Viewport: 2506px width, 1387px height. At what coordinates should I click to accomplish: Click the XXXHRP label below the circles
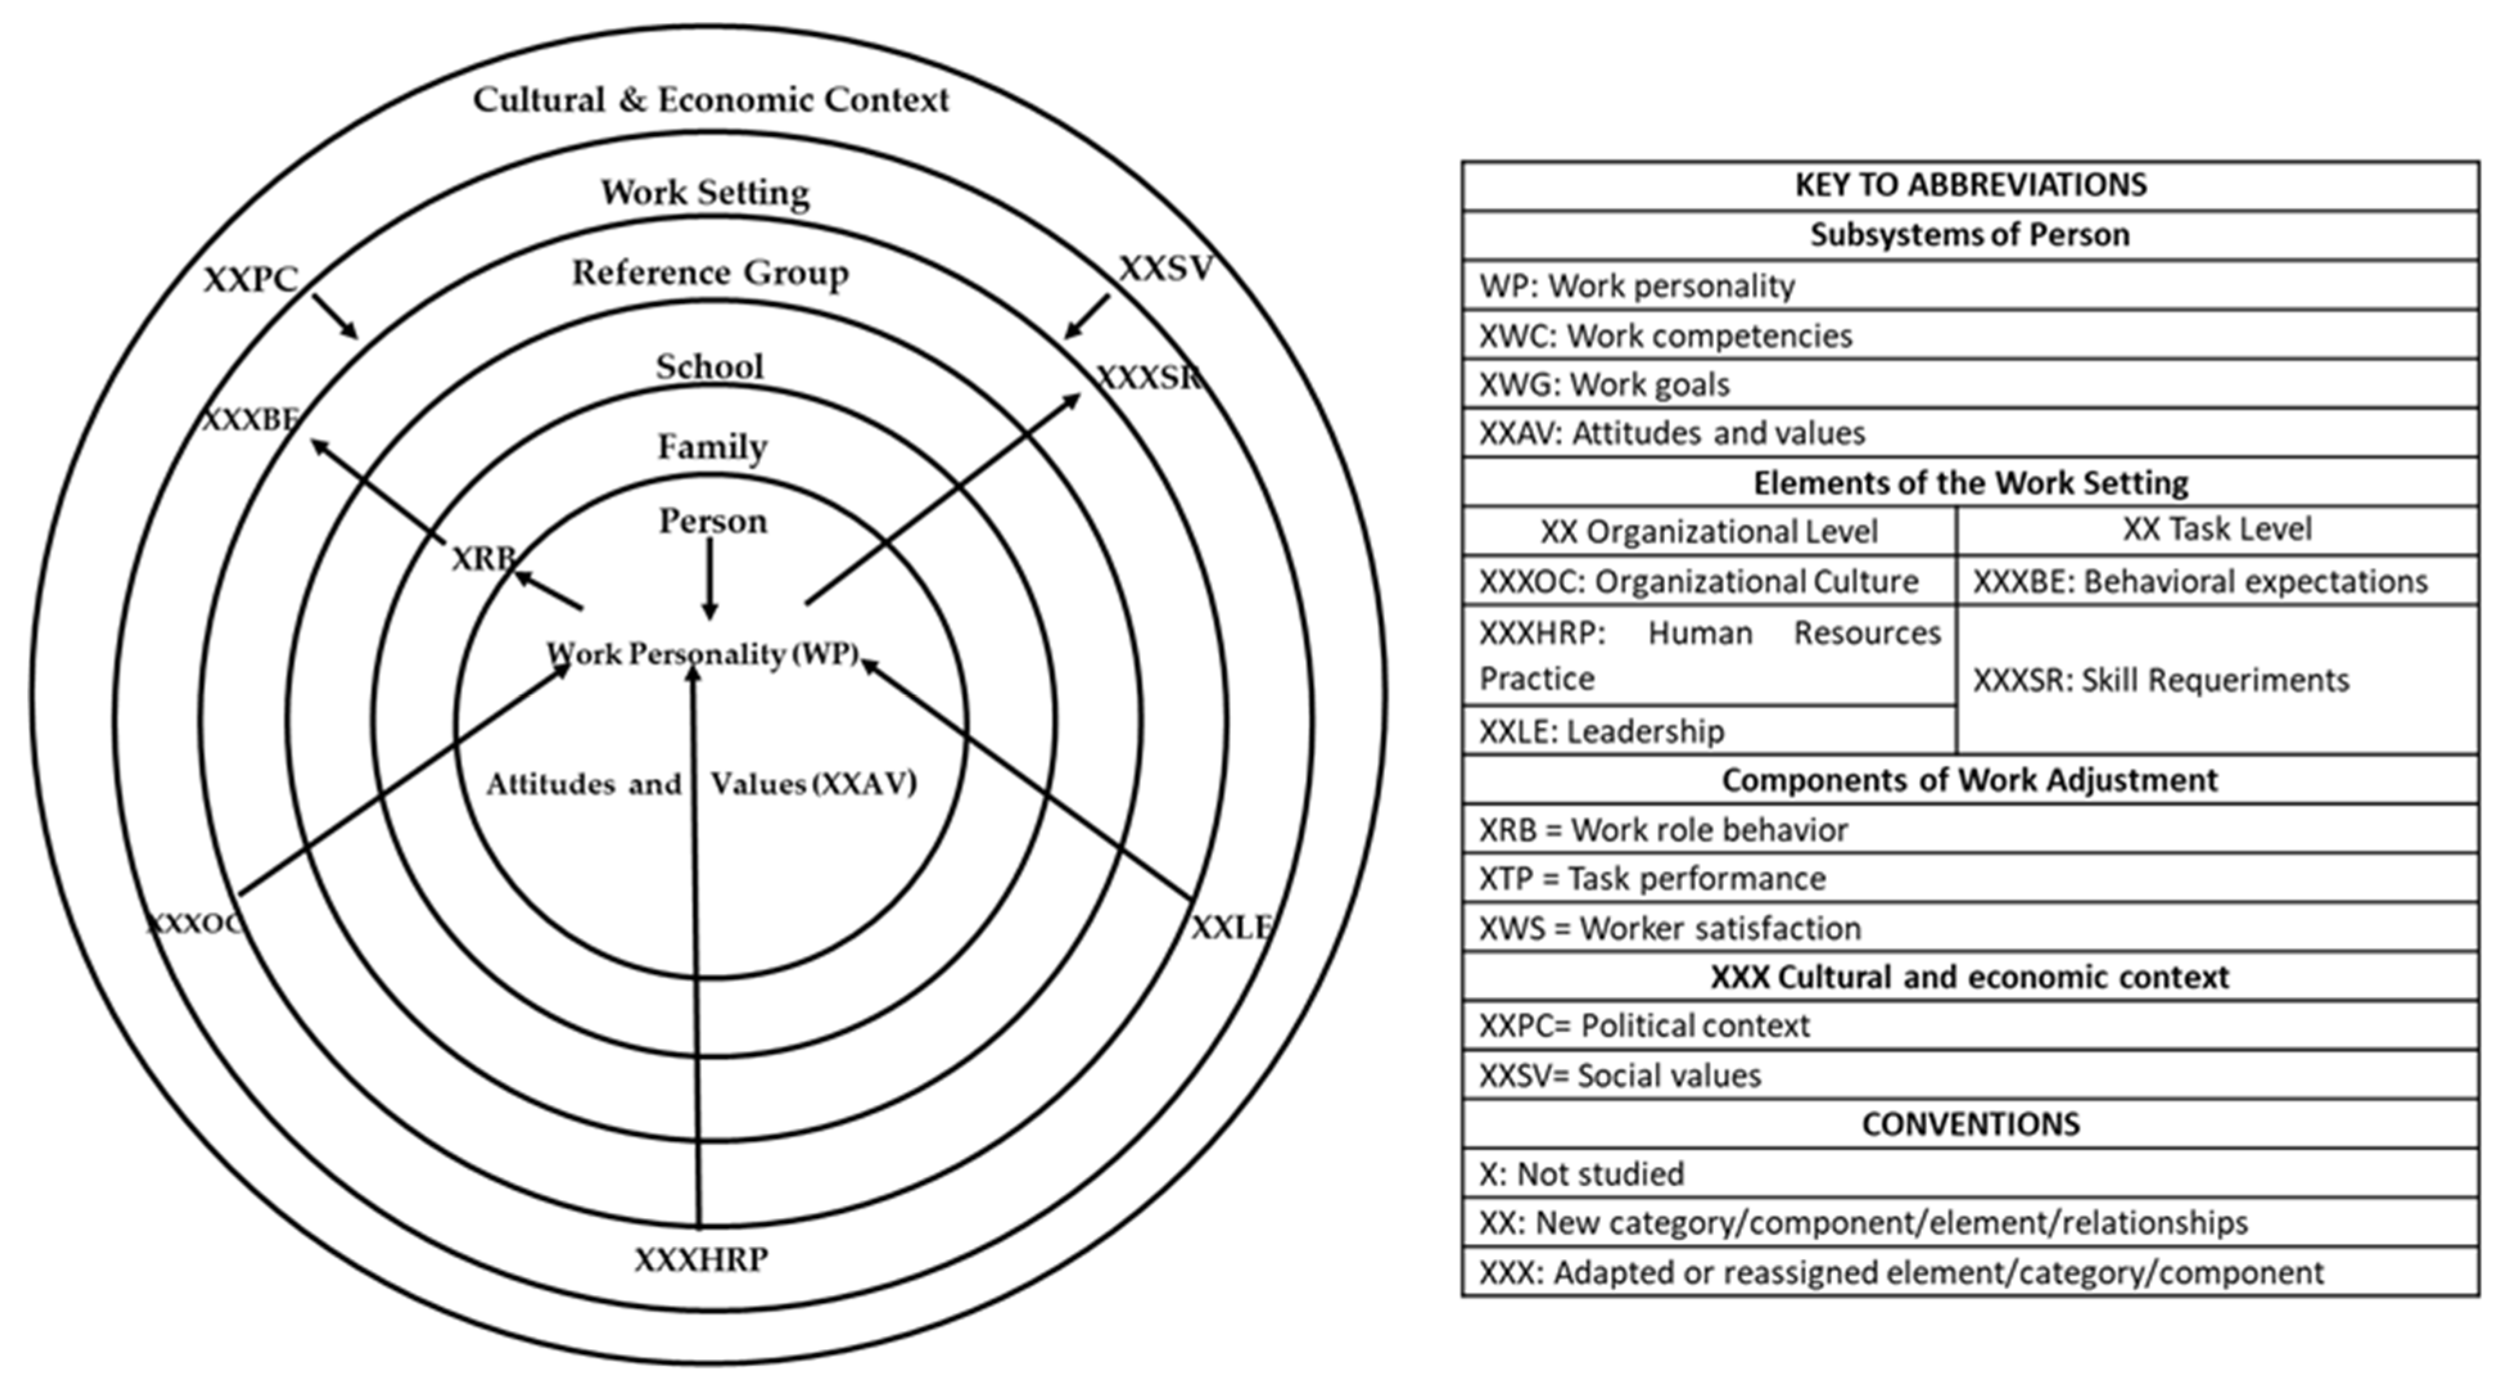(701, 1260)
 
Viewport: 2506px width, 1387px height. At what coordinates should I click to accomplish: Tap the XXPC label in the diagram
(250, 280)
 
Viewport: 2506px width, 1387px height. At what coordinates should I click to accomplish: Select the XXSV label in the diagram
(1165, 268)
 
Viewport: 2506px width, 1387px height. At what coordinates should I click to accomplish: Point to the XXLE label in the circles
(1231, 928)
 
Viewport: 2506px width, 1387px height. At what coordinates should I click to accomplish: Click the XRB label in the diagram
(483, 559)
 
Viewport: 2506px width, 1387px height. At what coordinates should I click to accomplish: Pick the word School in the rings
(709, 367)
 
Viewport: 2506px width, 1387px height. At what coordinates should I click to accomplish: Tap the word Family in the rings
(712, 448)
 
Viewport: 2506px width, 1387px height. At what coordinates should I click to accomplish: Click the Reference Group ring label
(709, 274)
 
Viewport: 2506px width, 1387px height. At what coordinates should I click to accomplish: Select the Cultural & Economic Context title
(710, 100)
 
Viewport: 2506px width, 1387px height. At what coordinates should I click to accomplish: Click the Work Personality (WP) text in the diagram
(702, 654)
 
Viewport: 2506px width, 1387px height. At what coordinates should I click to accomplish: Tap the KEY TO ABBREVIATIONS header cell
(1970, 185)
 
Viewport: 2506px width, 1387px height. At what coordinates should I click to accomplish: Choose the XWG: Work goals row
(1970, 384)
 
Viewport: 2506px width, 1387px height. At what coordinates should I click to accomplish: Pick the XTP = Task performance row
(1970, 878)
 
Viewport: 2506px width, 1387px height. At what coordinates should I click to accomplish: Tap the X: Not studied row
(1970, 1174)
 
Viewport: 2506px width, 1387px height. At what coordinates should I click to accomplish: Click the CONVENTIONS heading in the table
(1970, 1124)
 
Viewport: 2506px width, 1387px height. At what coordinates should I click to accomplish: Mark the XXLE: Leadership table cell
(1709, 731)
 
